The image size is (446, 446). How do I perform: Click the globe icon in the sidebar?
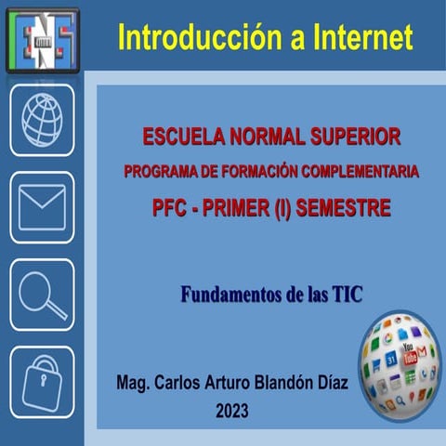pyautogui.click(x=42, y=120)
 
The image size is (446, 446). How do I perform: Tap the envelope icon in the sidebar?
pyautogui.click(x=42, y=207)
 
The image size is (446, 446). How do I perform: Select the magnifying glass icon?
pyautogui.click(x=42, y=295)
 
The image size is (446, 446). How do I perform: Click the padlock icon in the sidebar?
pyautogui.click(x=42, y=382)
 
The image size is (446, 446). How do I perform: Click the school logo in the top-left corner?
pyautogui.click(x=42, y=39)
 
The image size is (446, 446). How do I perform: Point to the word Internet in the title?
pyautogui.click(x=355, y=37)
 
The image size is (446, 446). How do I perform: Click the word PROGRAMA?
pyautogui.click(x=160, y=173)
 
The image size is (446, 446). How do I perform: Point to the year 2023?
pyautogui.click(x=231, y=409)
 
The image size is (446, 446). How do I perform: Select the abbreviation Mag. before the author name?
pyautogui.click(x=135, y=383)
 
